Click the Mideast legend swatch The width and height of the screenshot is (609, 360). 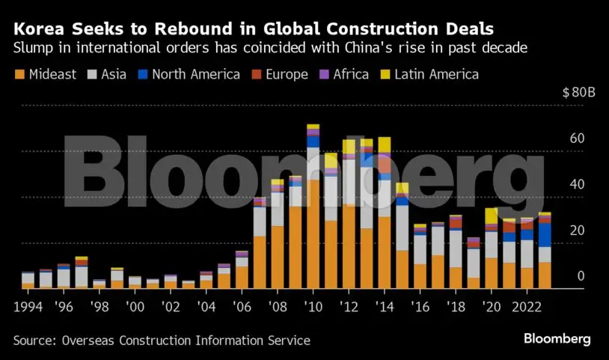(x=19, y=75)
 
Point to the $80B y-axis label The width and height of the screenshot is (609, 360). (x=578, y=94)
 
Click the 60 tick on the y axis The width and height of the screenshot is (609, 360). (x=575, y=138)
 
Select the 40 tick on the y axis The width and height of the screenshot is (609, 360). (x=575, y=184)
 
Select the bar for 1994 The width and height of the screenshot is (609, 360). (x=28, y=281)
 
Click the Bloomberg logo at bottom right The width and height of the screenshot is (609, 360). (x=557, y=339)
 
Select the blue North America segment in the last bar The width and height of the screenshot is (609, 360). (x=545, y=234)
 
